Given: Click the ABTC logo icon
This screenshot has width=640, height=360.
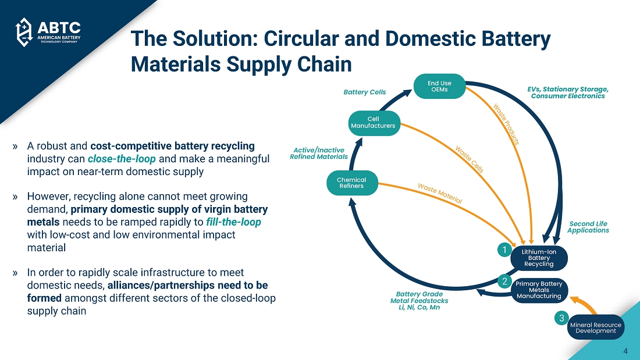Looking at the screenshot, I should [x=23, y=32].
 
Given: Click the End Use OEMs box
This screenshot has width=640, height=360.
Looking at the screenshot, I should [x=440, y=86].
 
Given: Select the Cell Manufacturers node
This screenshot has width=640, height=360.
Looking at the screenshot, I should [x=373, y=122].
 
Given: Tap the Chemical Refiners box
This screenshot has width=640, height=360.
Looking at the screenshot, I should [x=351, y=183].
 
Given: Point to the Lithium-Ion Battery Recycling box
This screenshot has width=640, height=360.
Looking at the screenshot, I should [x=538, y=258].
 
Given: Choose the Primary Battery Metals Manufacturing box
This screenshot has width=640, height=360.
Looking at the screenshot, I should [x=539, y=290].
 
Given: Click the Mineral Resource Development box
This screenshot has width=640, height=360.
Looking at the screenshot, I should [x=595, y=327].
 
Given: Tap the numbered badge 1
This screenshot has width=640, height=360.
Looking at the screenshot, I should [x=504, y=249].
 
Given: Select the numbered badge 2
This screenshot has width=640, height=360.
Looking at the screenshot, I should [x=504, y=281].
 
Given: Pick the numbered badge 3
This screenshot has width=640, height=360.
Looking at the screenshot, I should [x=561, y=318].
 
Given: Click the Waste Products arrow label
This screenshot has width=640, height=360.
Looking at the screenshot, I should [x=506, y=124].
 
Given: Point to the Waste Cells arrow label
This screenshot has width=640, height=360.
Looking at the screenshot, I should [x=470, y=159].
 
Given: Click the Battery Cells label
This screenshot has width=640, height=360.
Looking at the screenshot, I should [x=365, y=92].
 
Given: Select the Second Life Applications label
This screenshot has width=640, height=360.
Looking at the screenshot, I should [x=588, y=227].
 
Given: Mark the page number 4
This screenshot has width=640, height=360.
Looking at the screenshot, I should [x=625, y=351].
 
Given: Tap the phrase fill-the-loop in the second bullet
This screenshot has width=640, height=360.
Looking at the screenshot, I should [x=233, y=222].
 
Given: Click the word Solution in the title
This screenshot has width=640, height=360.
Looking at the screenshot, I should [x=211, y=40].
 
